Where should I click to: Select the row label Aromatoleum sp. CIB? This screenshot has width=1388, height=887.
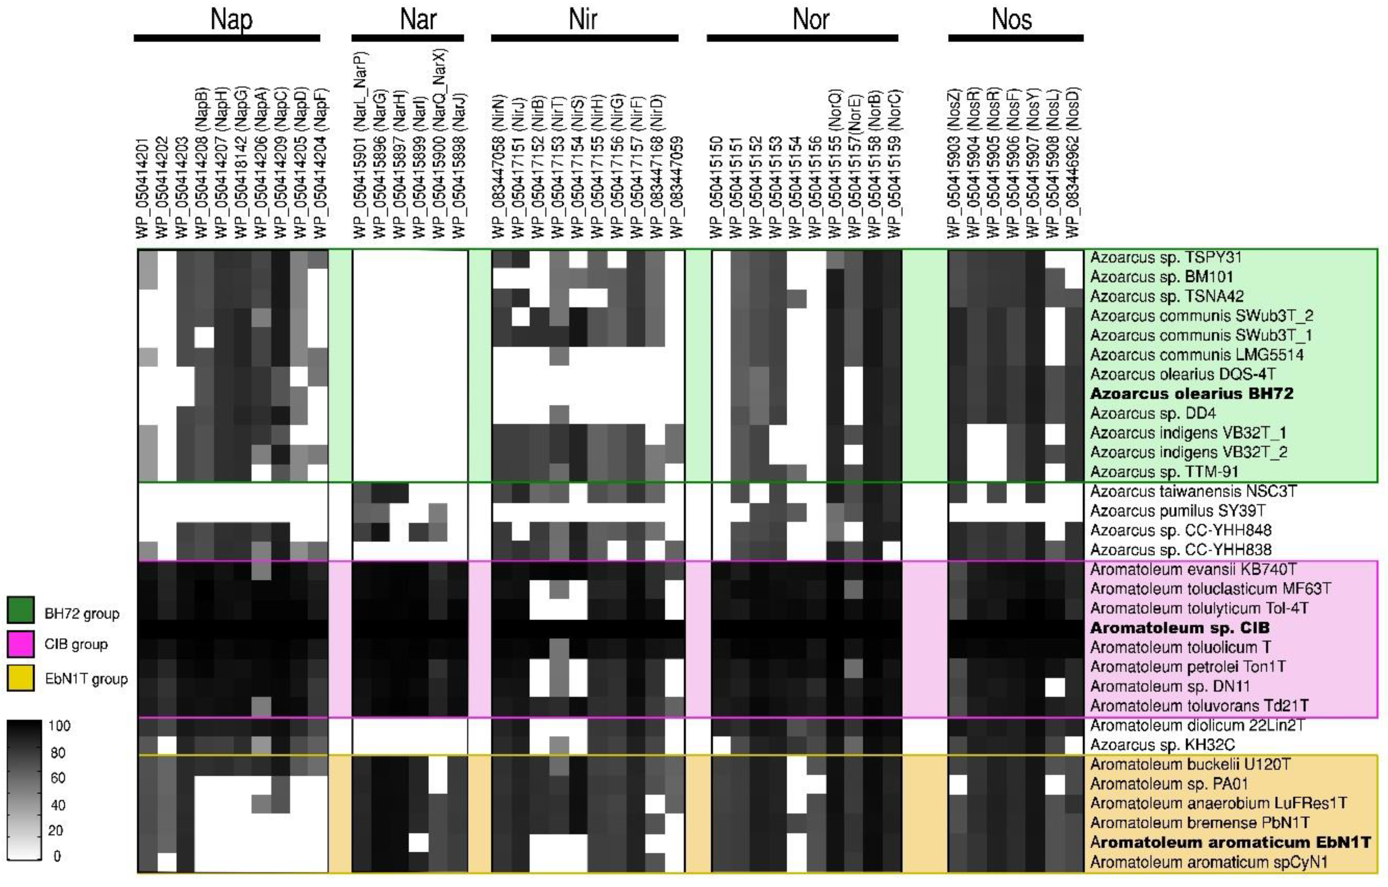pos(1180,628)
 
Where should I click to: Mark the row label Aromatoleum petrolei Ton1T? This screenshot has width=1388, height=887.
pos(1187,667)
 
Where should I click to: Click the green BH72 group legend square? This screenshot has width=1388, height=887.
pos(21,610)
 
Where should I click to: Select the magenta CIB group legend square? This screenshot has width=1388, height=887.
pos(21,644)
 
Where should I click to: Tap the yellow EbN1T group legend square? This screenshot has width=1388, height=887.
pos(21,679)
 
